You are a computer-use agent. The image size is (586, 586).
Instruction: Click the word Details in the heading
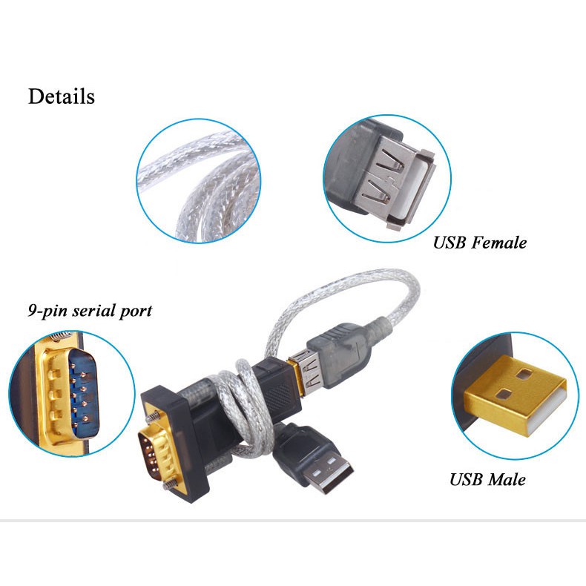pos(62,96)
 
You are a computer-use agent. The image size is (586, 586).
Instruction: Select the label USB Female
pos(480,243)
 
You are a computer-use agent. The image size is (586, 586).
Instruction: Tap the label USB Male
pos(487,479)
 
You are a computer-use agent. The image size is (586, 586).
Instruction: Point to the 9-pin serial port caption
pos(89,310)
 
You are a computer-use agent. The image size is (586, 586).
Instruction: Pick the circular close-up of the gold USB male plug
pos(514,393)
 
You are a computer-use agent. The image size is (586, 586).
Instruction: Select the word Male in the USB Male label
pos(507,479)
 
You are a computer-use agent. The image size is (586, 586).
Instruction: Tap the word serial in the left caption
pos(88,310)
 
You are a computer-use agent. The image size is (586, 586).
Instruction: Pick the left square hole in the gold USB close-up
pos(502,394)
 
